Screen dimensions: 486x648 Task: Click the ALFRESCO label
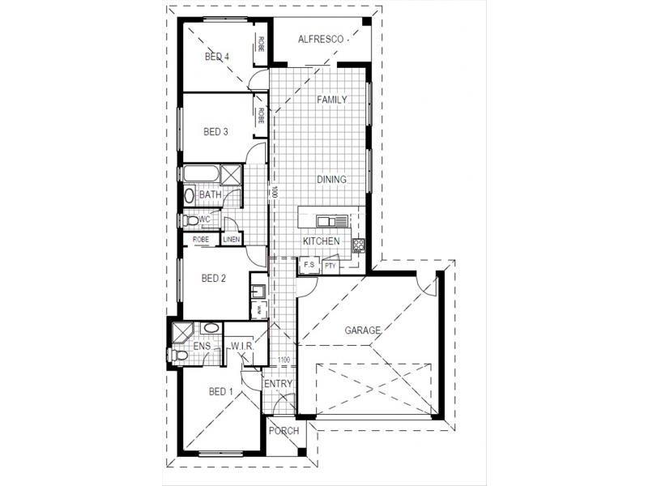pos(323,38)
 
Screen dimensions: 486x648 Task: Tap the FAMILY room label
pos(332,100)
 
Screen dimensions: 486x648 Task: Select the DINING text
pos(331,180)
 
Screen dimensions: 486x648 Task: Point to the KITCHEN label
pos(321,242)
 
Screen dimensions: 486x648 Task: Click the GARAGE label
pos(364,330)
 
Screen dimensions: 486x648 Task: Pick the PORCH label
pos(285,431)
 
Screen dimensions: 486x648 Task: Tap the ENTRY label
pos(279,384)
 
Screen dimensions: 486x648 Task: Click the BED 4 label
pos(216,57)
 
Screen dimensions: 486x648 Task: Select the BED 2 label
pos(213,279)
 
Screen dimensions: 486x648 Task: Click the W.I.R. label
pos(243,347)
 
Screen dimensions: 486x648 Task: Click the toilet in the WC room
pos(187,220)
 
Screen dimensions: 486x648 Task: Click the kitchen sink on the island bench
pos(327,220)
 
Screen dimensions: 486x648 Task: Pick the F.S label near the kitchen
pos(309,265)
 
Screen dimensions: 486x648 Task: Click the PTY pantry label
pos(330,266)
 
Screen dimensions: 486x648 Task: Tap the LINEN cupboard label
pos(232,239)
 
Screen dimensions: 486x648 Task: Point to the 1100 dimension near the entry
pos(283,360)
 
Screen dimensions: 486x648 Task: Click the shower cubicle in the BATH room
pos(231,174)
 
